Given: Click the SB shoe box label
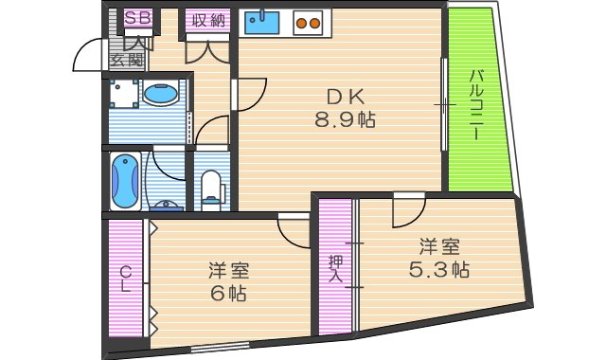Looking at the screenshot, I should click(x=137, y=17).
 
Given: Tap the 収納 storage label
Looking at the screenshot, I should click(x=206, y=18).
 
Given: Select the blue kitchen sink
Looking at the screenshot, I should click(x=261, y=21).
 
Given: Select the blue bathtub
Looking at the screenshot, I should click(x=125, y=181).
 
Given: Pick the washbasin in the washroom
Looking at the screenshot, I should click(x=160, y=95).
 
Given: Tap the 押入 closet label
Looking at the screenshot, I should click(x=335, y=269).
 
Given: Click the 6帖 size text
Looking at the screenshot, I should click(x=229, y=295).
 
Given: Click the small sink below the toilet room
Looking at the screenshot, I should click(x=167, y=205).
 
